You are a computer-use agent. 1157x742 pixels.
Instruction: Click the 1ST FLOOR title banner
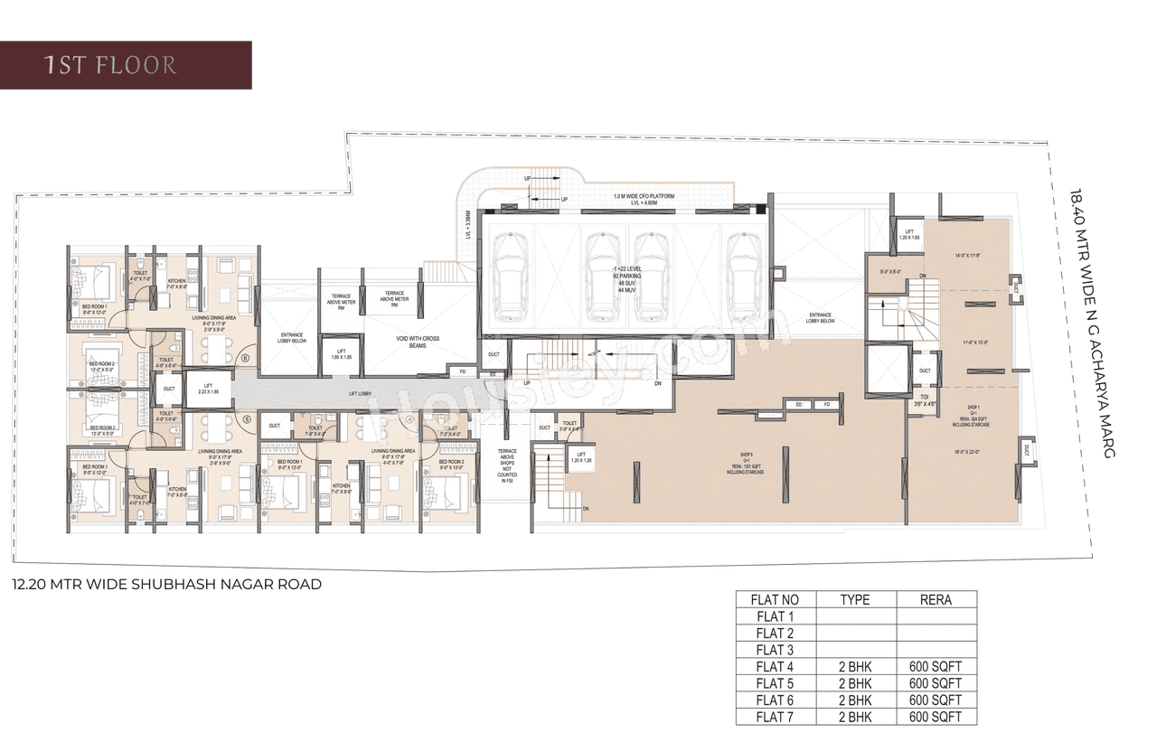(125, 65)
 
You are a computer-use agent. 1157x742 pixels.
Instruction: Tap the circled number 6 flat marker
(246, 358)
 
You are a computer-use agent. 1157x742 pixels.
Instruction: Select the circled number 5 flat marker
(246, 418)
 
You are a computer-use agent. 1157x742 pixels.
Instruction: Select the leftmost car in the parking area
(511, 277)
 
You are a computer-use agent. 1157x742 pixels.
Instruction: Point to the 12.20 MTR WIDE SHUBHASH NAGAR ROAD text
(167, 585)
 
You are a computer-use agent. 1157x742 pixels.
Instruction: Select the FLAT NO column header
(776, 599)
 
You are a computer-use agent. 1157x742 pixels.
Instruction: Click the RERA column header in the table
(936, 599)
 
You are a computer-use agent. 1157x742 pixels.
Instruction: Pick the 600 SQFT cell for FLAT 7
(936, 718)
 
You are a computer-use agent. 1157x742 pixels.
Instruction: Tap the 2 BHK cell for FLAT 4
(854, 666)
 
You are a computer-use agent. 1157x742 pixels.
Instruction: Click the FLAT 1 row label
(776, 616)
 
